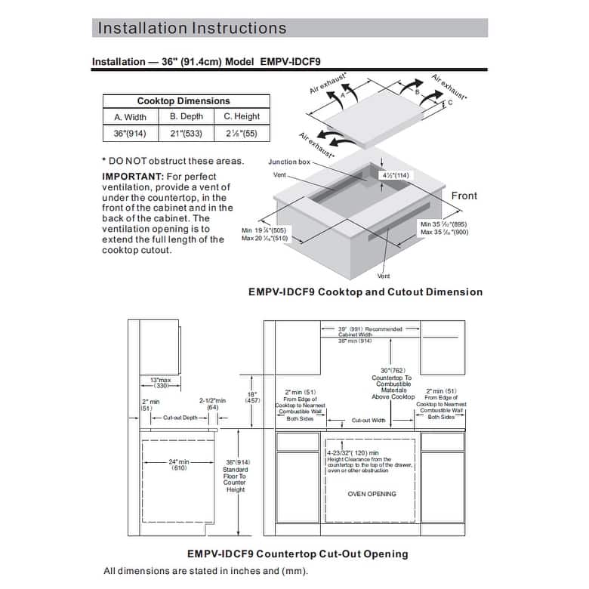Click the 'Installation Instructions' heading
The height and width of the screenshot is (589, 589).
[193, 29]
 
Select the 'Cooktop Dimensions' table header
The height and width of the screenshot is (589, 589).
[183, 100]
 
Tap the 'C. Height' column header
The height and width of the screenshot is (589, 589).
[242, 116]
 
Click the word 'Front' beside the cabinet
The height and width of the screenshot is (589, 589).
[464, 196]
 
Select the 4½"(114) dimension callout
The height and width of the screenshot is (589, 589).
[395, 175]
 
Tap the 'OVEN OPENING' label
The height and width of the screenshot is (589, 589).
[372, 494]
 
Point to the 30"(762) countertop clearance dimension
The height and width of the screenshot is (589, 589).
[392, 371]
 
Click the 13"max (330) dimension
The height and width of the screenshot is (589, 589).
[160, 381]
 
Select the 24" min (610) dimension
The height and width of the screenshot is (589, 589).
[179, 464]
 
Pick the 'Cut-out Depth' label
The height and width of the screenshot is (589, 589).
[180, 418]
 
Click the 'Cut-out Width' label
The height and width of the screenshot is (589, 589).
[369, 421]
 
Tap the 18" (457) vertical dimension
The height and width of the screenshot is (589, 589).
[253, 397]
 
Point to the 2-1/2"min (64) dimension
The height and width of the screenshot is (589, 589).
[212, 404]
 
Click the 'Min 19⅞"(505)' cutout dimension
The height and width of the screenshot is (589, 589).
[264, 230]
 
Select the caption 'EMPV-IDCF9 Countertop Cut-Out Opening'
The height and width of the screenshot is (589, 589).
[298, 554]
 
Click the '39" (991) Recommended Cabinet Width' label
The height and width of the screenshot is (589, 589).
[370, 329]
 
